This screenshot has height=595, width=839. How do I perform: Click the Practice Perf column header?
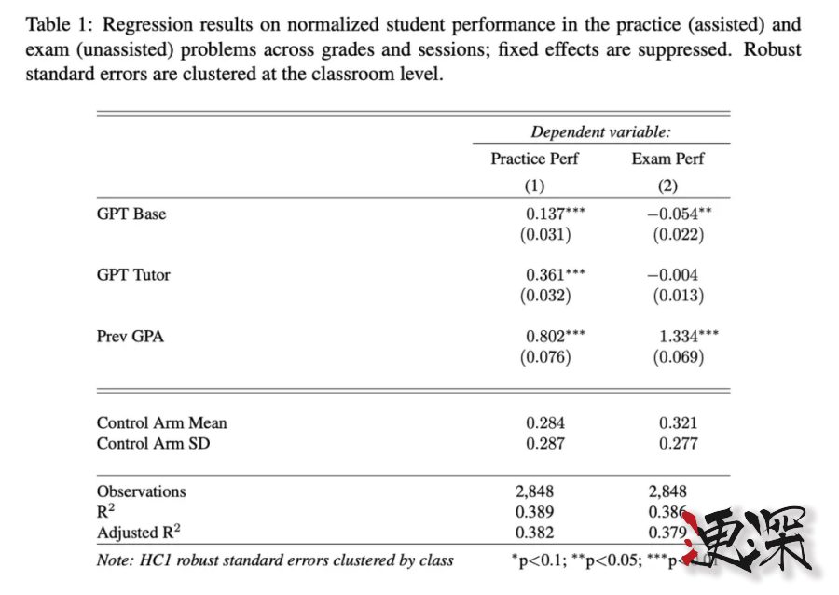click(534, 159)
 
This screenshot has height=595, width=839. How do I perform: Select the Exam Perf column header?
click(667, 159)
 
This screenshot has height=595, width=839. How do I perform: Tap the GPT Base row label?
click(131, 214)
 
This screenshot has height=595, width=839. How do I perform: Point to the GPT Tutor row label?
click(133, 275)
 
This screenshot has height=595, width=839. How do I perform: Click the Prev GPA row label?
click(131, 336)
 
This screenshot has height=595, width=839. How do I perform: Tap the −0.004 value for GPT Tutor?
click(672, 275)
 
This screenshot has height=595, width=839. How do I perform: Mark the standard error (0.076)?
click(545, 357)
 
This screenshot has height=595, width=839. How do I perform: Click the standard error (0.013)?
click(678, 297)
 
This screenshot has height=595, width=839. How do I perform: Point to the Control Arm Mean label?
click(162, 422)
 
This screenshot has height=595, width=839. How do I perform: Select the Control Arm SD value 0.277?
click(678, 443)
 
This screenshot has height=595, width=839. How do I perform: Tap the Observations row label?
click(142, 491)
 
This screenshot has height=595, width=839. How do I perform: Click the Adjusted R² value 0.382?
click(534, 533)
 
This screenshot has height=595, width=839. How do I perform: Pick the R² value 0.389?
click(534, 512)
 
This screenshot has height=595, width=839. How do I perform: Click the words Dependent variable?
click(600, 132)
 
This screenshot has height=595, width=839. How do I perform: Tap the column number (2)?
click(667, 185)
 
